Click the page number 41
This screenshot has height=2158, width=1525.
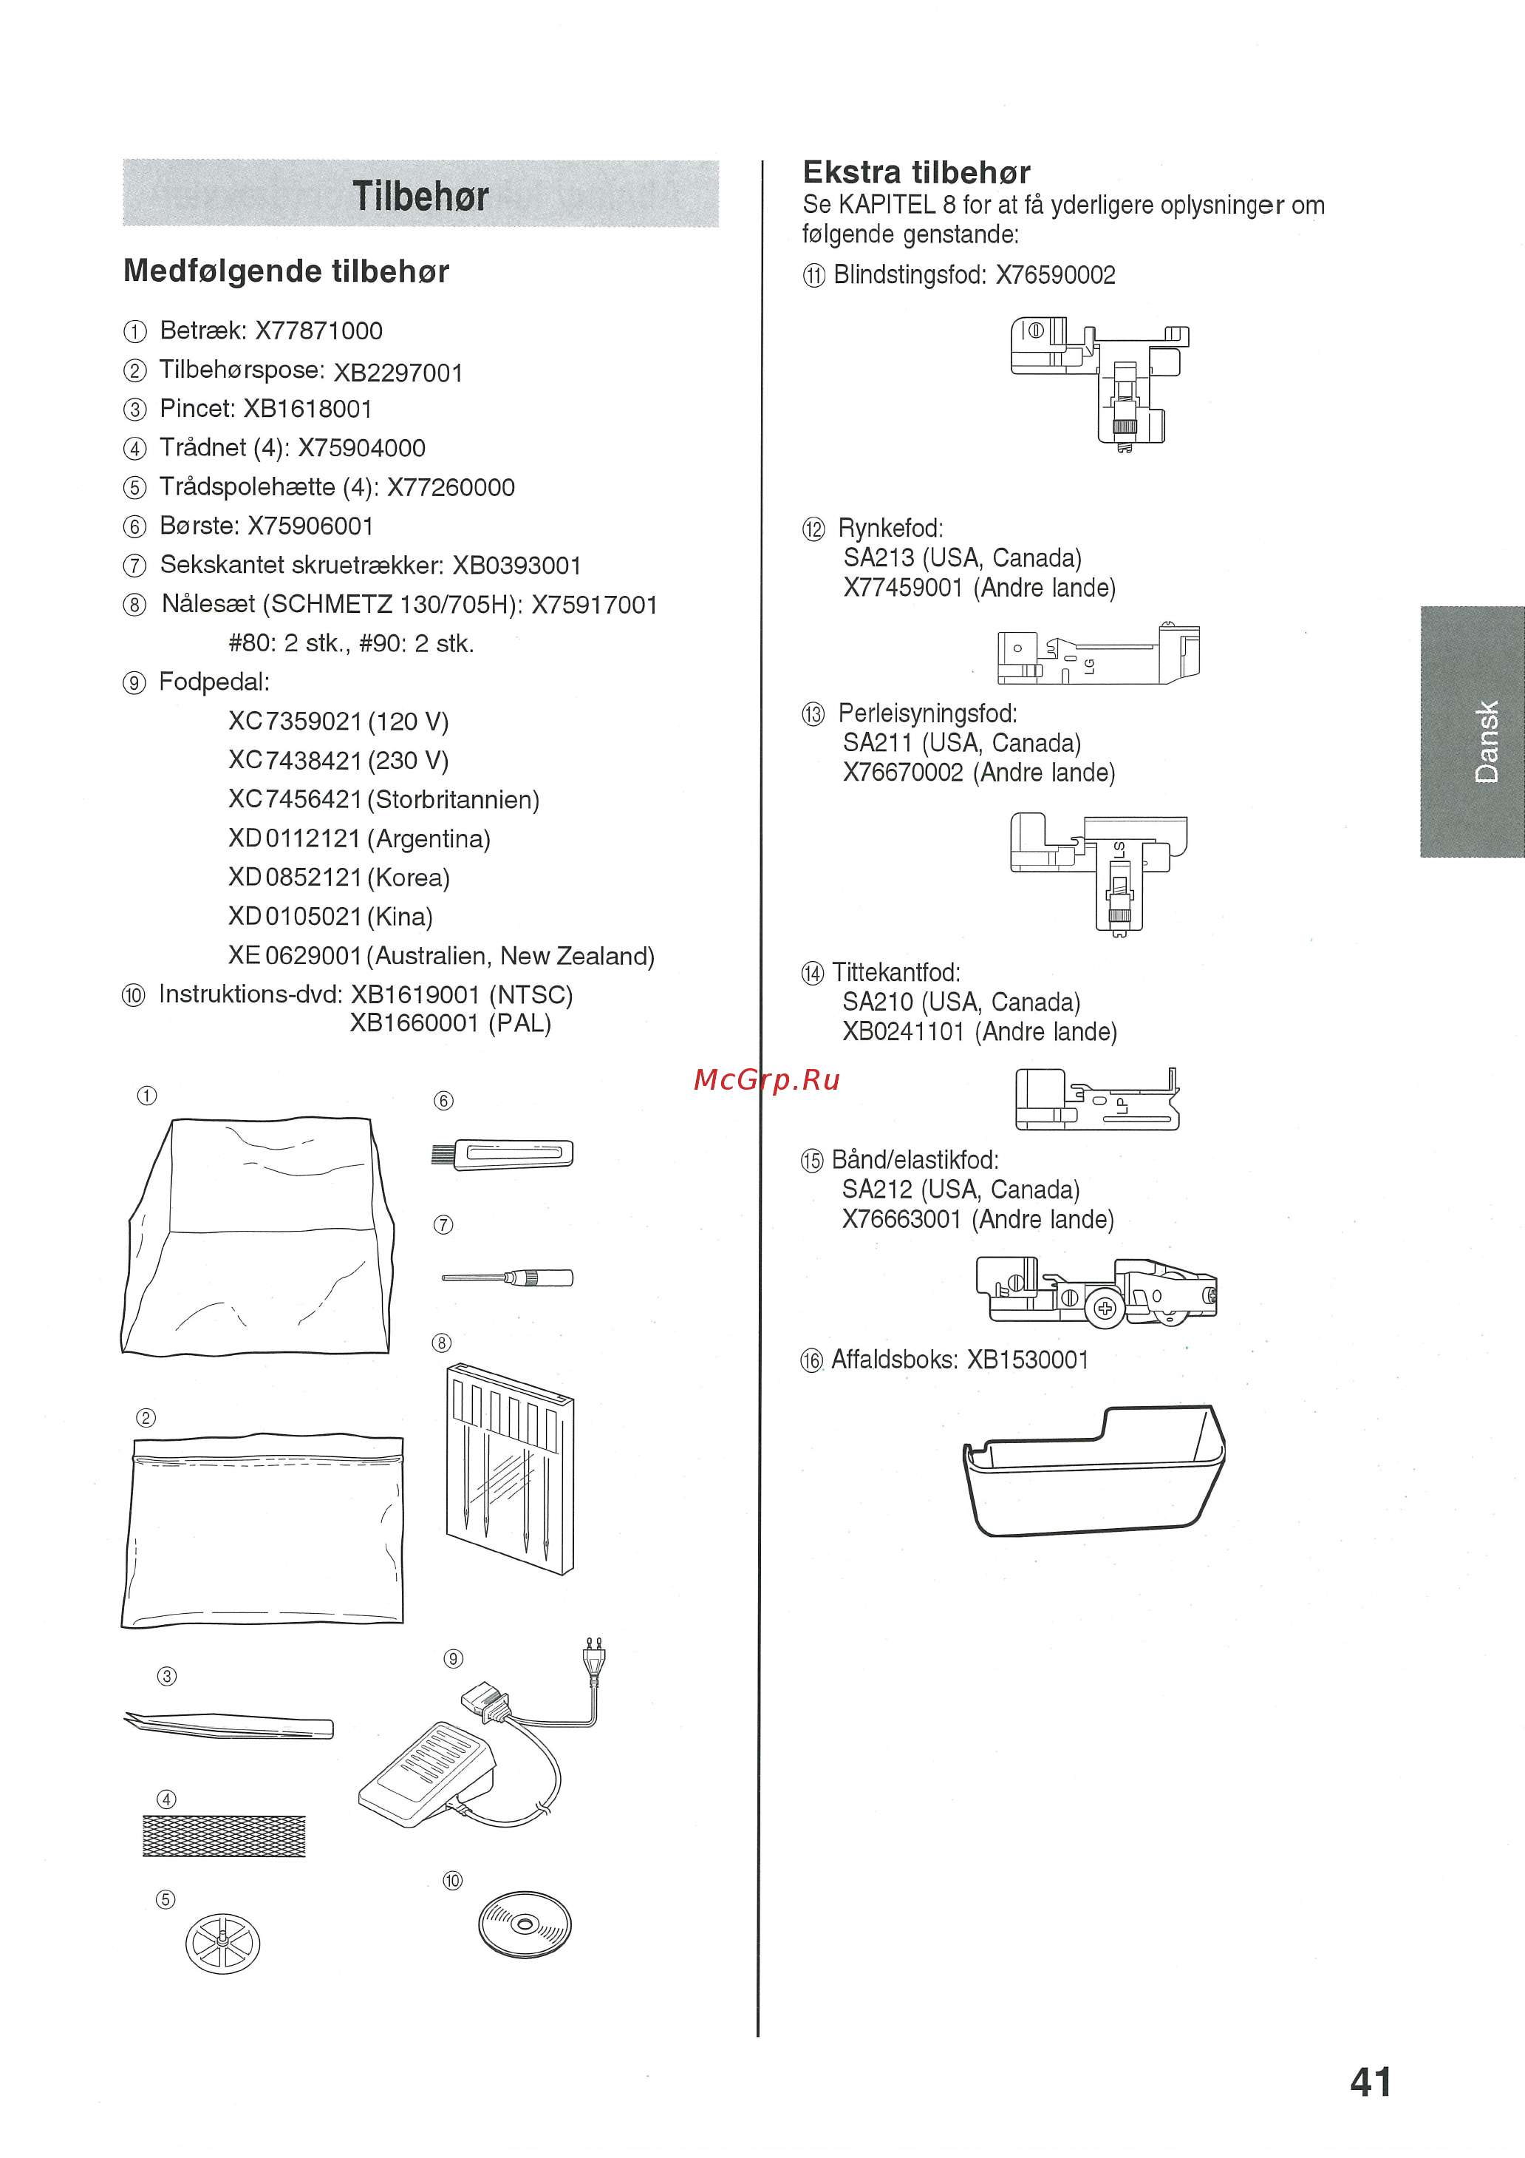click(1370, 2081)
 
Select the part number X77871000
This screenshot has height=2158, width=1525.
click(318, 331)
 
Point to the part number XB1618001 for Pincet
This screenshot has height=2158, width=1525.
click(307, 409)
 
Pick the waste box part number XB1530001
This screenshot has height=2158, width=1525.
click(1027, 1359)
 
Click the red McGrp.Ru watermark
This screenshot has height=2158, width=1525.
click(765, 1080)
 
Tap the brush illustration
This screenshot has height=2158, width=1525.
click(502, 1153)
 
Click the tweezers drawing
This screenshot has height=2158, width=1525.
click(229, 1725)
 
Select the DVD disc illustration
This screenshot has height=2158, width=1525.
click(525, 1924)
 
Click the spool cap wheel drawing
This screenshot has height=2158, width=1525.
click(222, 1943)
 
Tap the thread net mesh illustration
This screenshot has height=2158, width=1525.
click(224, 1836)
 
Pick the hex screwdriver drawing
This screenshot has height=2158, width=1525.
click(508, 1278)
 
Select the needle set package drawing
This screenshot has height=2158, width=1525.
click(509, 1467)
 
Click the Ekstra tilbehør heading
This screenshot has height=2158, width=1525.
click(916, 172)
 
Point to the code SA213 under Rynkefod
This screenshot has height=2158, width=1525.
click(879, 557)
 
